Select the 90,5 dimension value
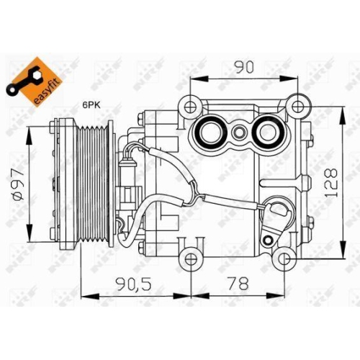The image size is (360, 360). pos(135,283)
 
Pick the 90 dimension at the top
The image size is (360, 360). pos(243,68)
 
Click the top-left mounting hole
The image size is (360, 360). pos(190,105)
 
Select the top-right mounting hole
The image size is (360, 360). pos(296,105)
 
